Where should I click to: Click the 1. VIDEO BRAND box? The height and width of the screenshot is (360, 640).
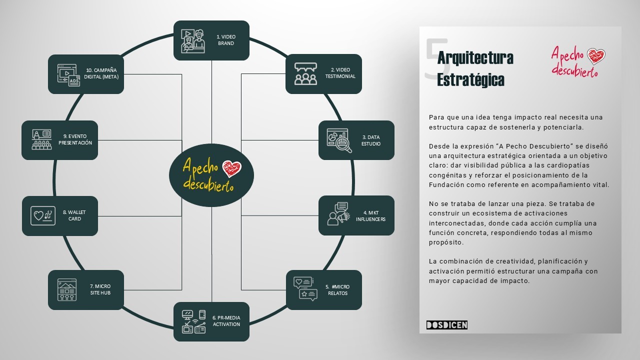coord(211,40)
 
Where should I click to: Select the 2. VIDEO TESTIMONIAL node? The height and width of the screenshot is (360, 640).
coord(323,74)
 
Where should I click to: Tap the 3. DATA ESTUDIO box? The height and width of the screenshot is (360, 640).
coord(356,140)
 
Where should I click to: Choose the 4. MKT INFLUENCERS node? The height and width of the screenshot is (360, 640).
coord(356,215)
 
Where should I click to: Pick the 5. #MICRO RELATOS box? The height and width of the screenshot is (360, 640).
coord(323,290)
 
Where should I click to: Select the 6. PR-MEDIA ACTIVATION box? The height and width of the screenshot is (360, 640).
coord(211,321)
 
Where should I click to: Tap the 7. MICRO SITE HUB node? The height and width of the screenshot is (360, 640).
coord(86,290)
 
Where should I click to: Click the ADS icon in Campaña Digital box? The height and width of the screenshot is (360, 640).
coord(74,80)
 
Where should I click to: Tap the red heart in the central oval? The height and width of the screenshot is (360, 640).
coord(231,168)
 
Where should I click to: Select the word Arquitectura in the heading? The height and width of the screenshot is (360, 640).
coord(475,58)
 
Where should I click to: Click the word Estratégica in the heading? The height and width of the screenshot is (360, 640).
coord(470,79)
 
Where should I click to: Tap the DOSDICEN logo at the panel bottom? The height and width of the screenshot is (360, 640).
coord(447,325)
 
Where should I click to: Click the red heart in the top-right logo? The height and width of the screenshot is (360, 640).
coord(596,56)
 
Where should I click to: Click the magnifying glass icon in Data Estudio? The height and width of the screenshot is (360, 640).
coord(343,144)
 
